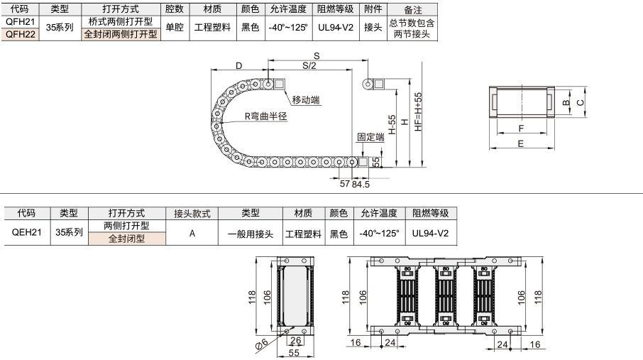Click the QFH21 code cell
coord(20,21)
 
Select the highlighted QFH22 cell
coord(20,34)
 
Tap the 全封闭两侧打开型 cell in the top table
coord(121,34)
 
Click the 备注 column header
coord(412,9)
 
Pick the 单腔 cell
coord(175,28)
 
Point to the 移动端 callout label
coord(306,99)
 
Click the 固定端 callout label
coord(370,137)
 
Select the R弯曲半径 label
coord(265,116)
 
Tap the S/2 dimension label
coord(309,65)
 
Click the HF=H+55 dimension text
coord(418,111)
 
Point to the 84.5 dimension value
coord(361,185)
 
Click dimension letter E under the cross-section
coord(521,143)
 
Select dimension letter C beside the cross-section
coord(581,102)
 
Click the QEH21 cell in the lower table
coord(27,232)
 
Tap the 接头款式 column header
coord(192,214)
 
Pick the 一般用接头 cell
coord(250,234)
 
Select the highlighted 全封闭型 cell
coord(127,239)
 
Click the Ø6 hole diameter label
coord(262,345)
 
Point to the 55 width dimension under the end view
coord(294,353)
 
